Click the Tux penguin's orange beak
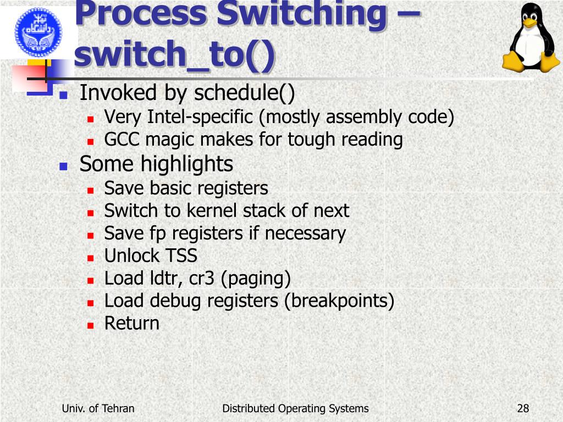[529, 23]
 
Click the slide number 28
[523, 408]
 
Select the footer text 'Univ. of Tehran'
[98, 408]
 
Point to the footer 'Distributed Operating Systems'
[295, 408]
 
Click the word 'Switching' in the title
[301, 14]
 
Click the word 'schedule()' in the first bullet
[245, 93]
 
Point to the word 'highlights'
[186, 164]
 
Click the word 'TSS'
[181, 256]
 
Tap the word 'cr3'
[202, 279]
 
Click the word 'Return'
[132, 323]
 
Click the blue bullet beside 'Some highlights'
[63, 165]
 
